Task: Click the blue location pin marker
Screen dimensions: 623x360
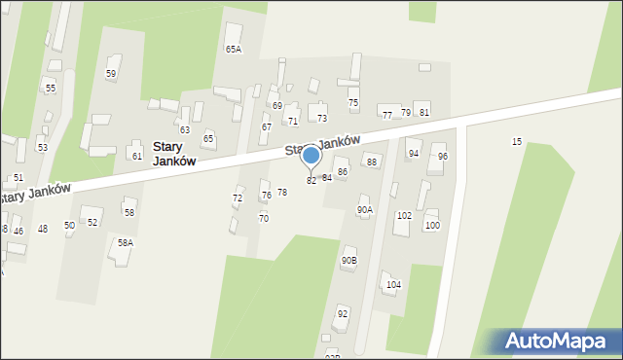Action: coord(311,156)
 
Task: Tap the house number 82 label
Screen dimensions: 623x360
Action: coord(311,181)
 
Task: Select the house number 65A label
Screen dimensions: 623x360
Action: coord(234,49)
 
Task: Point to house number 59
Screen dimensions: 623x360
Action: coord(111,74)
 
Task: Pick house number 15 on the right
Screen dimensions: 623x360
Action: coord(517,142)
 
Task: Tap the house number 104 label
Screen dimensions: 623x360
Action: coord(393,285)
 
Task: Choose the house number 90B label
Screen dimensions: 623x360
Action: coord(348,261)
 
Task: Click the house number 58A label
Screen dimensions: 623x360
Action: coord(126,242)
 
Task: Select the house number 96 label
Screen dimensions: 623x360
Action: coord(443,157)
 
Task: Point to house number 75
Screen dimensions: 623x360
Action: coord(353,103)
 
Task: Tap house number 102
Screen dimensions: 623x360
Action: coord(404,216)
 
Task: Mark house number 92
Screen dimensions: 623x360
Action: coord(343,314)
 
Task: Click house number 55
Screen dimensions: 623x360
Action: coord(51,89)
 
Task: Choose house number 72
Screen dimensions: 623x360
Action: coord(238,198)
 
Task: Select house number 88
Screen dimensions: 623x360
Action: coord(371,162)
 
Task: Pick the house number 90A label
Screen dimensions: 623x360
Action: coord(365,209)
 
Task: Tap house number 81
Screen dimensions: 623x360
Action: coord(424,113)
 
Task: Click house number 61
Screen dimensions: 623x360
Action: coord(137,157)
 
